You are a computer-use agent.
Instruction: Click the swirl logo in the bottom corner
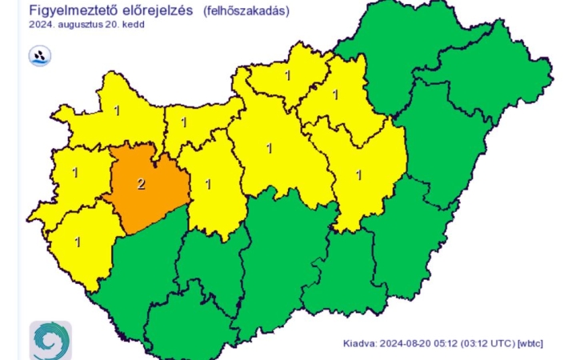(50, 340)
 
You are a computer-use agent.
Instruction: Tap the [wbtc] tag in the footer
(530, 343)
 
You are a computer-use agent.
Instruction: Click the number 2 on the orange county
(142, 185)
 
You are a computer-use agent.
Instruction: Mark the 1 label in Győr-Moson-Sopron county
(117, 110)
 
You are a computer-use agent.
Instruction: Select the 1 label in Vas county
(75, 171)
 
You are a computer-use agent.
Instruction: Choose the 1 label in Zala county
(78, 241)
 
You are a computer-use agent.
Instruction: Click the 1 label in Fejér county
(209, 184)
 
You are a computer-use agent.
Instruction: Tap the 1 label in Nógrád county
(287, 76)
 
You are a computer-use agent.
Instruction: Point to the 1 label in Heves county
(335, 95)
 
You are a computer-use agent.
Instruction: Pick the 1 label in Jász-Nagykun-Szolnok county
(358, 174)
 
